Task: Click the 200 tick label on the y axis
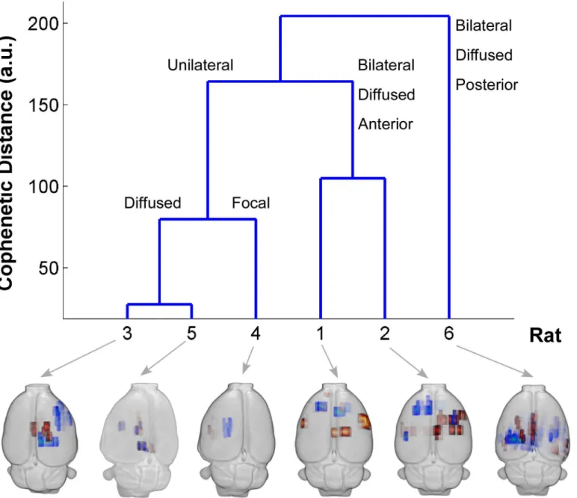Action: point(43,24)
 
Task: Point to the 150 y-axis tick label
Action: point(43,105)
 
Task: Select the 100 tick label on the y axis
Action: point(43,187)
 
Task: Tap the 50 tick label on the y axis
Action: point(48,268)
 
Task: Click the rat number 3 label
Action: point(127,333)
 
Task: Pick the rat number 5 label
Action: point(192,333)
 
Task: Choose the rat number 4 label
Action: point(256,333)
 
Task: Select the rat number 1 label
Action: point(321,333)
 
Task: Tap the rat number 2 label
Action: point(385,333)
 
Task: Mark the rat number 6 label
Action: point(449,333)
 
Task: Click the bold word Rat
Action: point(546,335)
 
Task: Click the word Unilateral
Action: point(200,65)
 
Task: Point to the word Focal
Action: point(250,203)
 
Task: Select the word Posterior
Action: point(487,84)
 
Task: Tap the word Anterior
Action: point(385,124)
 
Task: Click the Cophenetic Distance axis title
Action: point(7,162)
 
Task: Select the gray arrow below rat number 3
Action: point(78,358)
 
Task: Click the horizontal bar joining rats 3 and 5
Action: point(159,304)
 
